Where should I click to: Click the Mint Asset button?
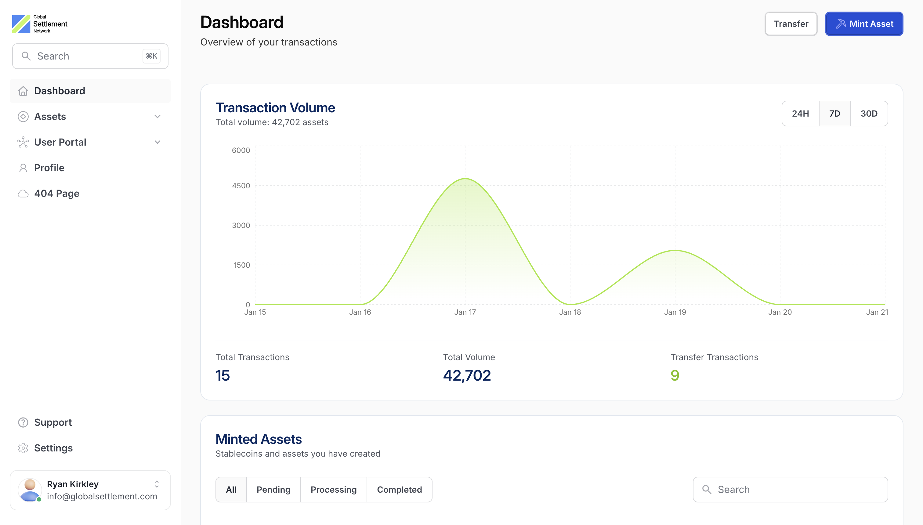[x=864, y=24]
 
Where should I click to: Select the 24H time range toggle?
[x=800, y=114]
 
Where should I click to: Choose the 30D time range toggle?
[x=869, y=114]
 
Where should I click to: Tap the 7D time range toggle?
[x=835, y=114]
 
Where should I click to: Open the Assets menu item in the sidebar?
[x=50, y=117]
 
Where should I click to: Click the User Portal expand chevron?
[x=157, y=142]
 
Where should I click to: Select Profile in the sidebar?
[x=49, y=168]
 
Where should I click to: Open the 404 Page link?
[x=56, y=194]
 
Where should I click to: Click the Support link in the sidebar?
[x=52, y=422]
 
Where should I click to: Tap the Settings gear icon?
[x=23, y=448]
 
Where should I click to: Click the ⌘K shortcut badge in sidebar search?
[x=151, y=56]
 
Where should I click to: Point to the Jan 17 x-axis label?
[x=465, y=312]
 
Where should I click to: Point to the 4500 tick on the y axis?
[x=241, y=186]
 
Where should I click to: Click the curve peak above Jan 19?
[x=675, y=250]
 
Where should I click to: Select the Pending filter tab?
[x=273, y=490]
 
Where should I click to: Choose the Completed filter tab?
[x=399, y=490]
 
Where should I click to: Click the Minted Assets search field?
[x=790, y=490]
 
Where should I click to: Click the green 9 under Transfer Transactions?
[x=675, y=375]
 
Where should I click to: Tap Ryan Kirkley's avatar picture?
[x=30, y=490]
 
